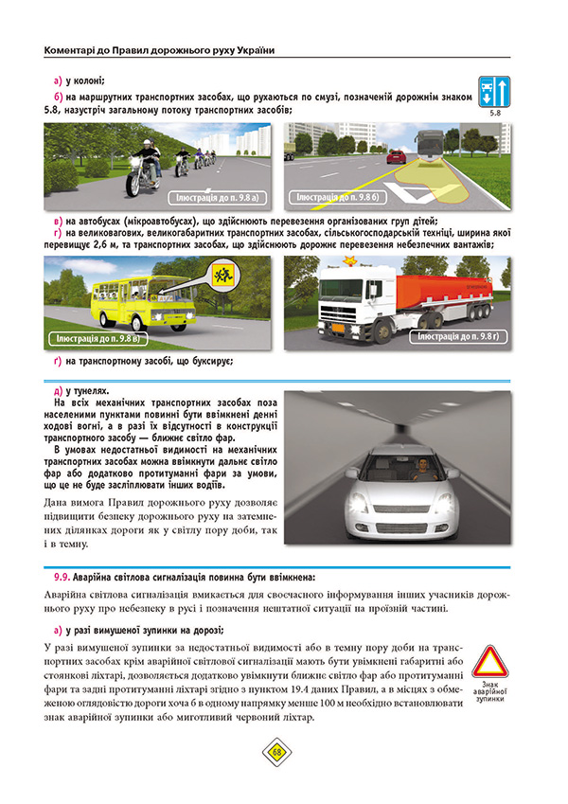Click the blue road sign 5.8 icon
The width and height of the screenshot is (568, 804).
pyautogui.click(x=495, y=93)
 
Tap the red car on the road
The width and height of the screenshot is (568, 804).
pyautogui.click(x=398, y=156)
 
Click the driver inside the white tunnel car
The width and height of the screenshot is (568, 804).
pyautogui.click(x=414, y=465)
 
